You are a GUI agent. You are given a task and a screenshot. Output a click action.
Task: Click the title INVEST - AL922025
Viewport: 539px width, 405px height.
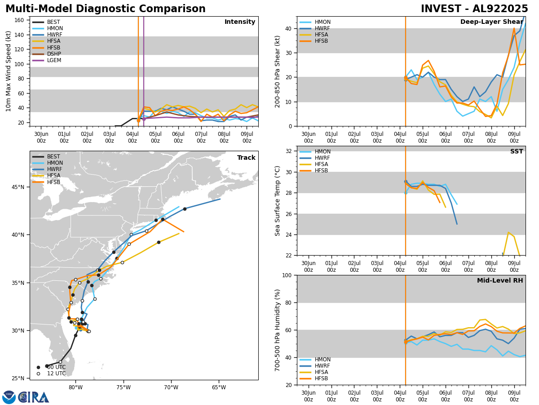(474, 9)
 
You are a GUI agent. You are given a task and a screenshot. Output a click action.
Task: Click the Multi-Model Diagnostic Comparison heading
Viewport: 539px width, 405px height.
(106, 9)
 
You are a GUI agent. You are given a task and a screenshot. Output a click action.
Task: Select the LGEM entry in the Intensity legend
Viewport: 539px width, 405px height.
(54, 60)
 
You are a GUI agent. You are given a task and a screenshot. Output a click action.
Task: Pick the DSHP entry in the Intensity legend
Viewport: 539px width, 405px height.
(54, 54)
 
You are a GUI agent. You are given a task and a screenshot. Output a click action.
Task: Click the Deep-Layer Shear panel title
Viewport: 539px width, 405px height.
(491, 22)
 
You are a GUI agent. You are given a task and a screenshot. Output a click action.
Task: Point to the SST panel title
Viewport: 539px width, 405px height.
(516, 152)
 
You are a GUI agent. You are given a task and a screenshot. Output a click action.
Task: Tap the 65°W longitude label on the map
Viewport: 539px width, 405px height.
(219, 387)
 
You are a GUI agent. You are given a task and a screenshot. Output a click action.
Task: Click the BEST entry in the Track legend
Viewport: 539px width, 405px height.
(53, 157)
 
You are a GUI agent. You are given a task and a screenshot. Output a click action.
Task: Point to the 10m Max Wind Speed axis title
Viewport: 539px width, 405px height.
(9, 71)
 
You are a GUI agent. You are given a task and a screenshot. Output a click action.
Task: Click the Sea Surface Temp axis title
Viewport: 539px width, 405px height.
(278, 201)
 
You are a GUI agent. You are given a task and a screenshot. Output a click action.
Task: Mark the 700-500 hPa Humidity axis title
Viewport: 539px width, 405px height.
(278, 330)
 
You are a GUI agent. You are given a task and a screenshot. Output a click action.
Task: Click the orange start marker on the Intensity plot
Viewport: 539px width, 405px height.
(138, 121)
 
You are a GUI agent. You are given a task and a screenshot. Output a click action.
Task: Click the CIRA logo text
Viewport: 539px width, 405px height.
(34, 397)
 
